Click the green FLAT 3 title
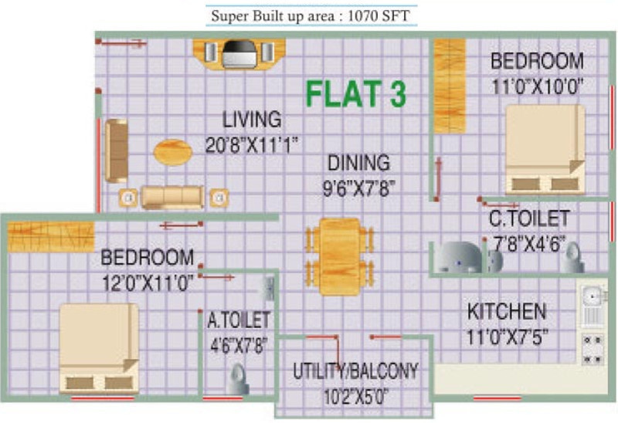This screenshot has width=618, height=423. pos(355,93)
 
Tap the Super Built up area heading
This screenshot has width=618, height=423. pos(311,15)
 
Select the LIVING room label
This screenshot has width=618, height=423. pos(252,120)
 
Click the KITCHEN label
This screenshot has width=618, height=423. pos(507,313)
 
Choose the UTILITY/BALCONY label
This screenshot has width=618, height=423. pos(355,371)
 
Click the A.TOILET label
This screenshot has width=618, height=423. pos(239,318)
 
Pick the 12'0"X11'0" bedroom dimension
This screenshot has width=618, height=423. pos(147,283)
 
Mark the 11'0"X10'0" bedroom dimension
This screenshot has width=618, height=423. pos(538,86)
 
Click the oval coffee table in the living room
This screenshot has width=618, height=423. pos(171,151)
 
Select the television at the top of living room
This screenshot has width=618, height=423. pos(239,54)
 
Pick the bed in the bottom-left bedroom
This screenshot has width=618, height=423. pos(99,347)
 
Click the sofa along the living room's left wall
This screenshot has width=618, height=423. pos(116,150)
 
